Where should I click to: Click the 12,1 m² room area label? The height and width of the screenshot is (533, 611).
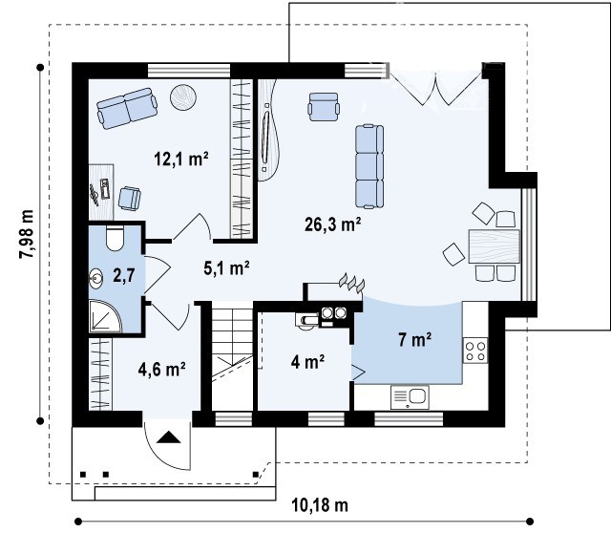[x=181, y=160]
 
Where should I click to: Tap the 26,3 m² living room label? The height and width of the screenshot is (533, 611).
[x=332, y=224]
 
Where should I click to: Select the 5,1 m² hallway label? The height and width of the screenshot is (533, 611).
[x=226, y=267]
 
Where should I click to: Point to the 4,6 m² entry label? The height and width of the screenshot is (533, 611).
[x=161, y=370]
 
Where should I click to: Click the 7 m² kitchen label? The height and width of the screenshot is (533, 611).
[x=414, y=340]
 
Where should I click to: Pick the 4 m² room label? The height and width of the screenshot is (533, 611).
[x=307, y=362]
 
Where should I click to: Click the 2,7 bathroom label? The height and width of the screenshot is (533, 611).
[x=124, y=276]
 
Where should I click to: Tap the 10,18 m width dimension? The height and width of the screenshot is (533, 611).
[x=320, y=505]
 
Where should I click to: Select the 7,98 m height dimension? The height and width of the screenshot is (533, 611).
[x=27, y=234]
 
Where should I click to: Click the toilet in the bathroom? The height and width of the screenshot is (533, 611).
[x=115, y=238]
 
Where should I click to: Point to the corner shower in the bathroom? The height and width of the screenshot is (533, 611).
[x=104, y=316]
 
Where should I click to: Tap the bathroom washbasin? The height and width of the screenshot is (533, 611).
[x=95, y=278]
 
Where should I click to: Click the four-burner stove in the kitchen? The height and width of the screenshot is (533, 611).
[x=475, y=351]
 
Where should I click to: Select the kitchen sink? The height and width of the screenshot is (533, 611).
[x=410, y=397]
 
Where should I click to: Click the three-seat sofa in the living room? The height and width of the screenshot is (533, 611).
[x=369, y=166]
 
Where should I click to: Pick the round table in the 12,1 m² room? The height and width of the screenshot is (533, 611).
[x=183, y=97]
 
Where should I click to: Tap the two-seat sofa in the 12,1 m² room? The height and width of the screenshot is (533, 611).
[x=127, y=108]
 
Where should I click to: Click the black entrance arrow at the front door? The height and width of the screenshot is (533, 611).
[x=169, y=437]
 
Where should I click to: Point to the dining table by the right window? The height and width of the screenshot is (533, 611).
[x=495, y=246]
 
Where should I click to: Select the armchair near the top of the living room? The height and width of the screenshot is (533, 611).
[x=323, y=107]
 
